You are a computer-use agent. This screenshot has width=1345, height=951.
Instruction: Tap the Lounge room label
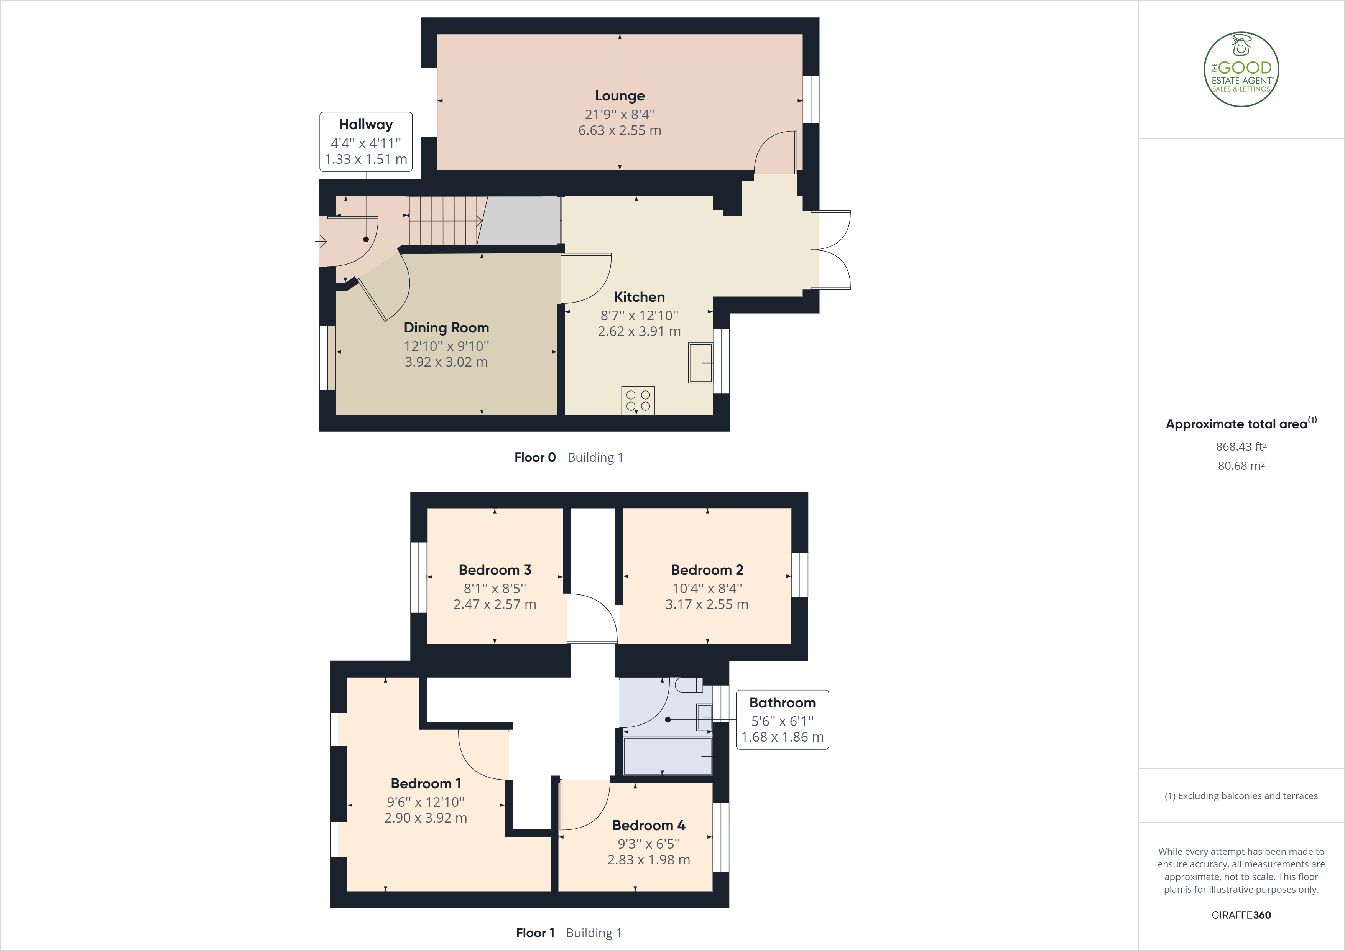(x=620, y=95)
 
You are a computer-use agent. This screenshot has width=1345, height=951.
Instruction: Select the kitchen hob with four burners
(x=638, y=400)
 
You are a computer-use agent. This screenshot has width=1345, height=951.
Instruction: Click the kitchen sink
(x=700, y=363)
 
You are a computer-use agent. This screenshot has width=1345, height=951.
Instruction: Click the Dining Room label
(x=446, y=327)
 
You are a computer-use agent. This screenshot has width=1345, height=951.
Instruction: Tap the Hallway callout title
(x=365, y=124)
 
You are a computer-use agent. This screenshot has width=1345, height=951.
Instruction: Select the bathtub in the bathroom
(x=667, y=756)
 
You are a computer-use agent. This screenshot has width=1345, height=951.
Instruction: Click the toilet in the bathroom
(x=689, y=684)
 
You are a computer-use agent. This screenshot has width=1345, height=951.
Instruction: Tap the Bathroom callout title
(x=782, y=703)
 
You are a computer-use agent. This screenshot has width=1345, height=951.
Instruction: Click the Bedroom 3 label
(x=495, y=569)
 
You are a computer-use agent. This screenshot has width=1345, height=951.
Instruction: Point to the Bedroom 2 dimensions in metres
(x=707, y=604)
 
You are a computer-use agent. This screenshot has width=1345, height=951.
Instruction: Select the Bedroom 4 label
(x=648, y=825)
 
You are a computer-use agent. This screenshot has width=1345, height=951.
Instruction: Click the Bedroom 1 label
(x=426, y=783)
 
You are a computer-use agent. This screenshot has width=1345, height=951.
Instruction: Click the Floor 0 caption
(x=535, y=457)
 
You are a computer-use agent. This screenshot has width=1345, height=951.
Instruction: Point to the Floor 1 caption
(x=535, y=933)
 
